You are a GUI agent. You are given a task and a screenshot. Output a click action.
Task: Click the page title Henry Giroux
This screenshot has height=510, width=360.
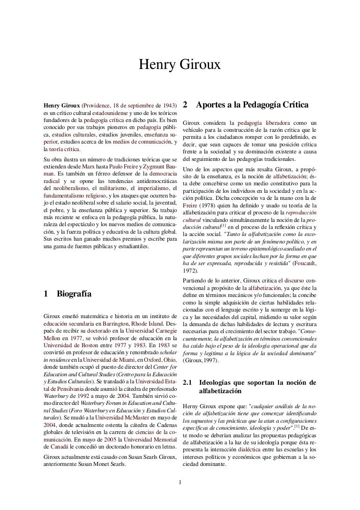tap(180, 66)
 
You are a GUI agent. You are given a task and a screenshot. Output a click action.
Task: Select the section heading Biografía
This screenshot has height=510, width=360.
tap(74, 295)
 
